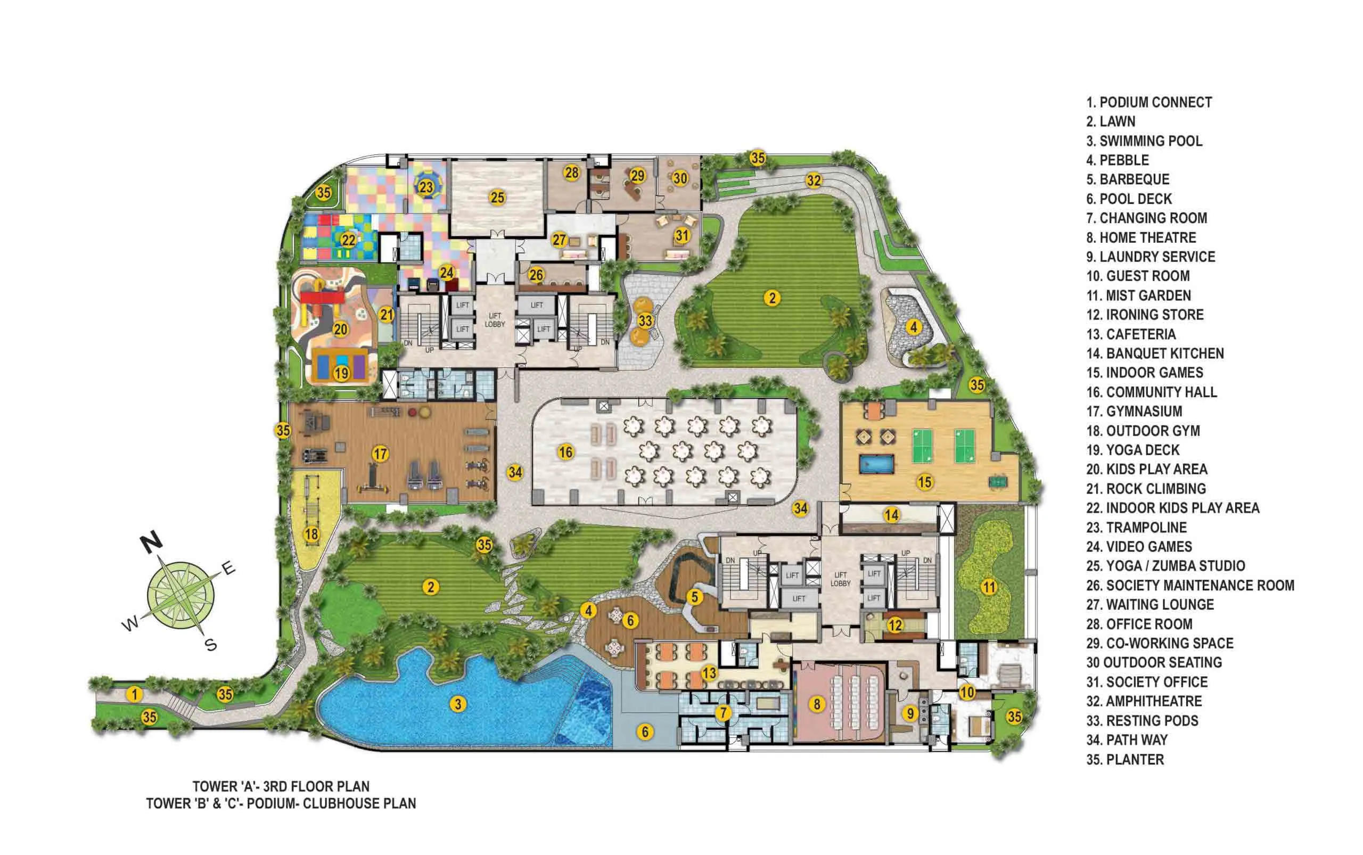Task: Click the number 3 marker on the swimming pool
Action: (x=457, y=704)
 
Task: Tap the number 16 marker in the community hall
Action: (x=565, y=452)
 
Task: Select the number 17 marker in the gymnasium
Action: (x=380, y=454)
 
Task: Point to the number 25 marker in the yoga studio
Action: (x=497, y=198)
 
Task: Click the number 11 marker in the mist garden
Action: (x=988, y=587)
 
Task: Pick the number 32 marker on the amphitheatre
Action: (x=814, y=180)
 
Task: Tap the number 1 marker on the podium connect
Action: (x=134, y=694)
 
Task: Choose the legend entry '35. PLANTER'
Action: (x=1125, y=759)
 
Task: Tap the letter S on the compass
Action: (x=211, y=645)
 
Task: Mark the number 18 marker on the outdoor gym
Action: (x=311, y=535)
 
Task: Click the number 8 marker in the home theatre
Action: (x=817, y=704)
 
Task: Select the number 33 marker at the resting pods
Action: (x=645, y=320)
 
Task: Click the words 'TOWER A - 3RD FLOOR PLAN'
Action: (x=281, y=786)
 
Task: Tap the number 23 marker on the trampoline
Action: (x=426, y=187)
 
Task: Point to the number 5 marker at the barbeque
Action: (x=694, y=597)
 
